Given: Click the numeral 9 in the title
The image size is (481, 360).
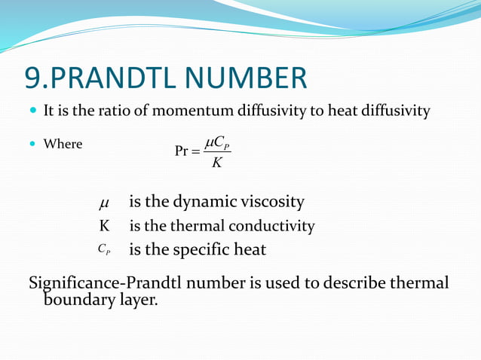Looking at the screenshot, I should coord(34,78).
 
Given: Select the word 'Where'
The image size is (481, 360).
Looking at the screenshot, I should coord(63,143).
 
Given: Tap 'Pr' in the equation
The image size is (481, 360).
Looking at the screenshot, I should coord(182,151).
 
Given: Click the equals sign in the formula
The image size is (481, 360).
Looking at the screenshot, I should coord(196,151).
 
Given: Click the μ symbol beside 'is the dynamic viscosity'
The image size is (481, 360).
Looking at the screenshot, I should coord(104,203).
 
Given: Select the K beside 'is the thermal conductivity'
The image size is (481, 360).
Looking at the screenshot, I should coord(104,226).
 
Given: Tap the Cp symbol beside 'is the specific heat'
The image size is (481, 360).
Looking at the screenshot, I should coord(104,249).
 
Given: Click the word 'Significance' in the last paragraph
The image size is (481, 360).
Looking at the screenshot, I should coord(72,283).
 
